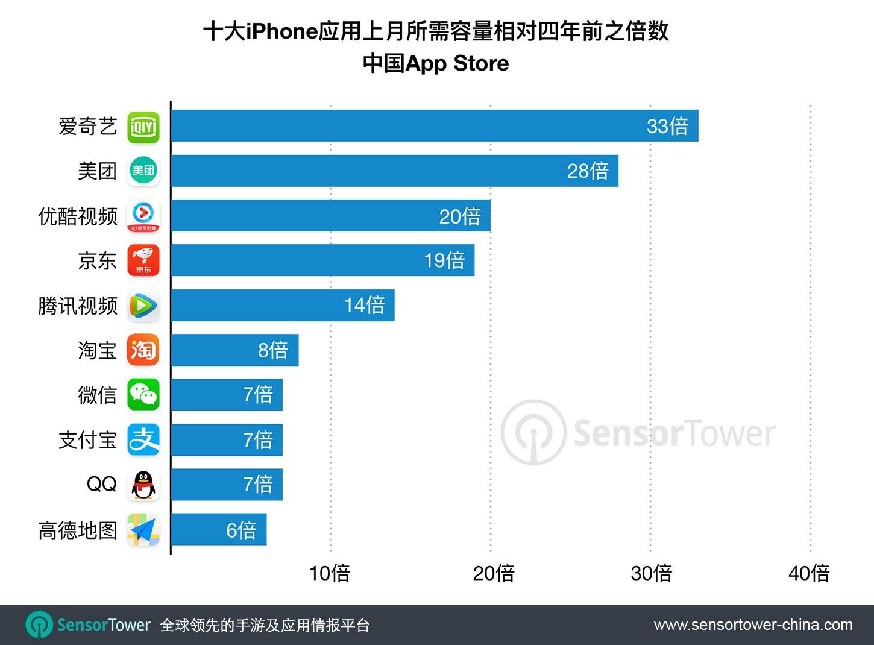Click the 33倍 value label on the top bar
point(667,126)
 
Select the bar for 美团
point(395,171)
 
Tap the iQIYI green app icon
point(143,127)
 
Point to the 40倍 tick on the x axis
point(809,573)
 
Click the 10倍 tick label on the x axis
point(330,573)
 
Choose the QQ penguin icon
point(143,485)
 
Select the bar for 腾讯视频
point(283,305)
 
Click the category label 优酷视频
point(78,216)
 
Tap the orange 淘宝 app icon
point(143,350)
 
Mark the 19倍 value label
point(444,260)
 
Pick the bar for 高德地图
point(219,529)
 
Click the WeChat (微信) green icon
point(143,395)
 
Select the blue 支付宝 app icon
point(143,439)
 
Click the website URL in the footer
point(753,625)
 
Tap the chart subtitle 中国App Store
point(436,63)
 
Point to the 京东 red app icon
point(143,260)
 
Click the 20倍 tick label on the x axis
point(494,573)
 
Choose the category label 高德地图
point(78,530)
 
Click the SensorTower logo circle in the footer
point(39,625)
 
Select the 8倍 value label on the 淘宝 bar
point(273,350)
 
